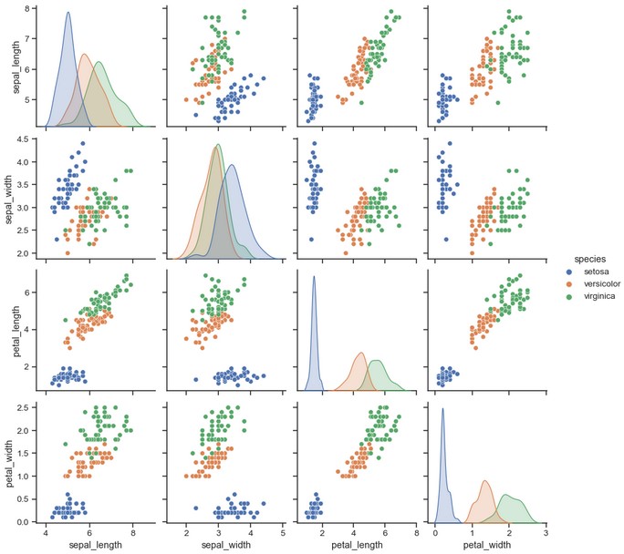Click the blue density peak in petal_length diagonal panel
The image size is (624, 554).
(314, 277)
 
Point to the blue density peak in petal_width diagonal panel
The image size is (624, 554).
(442, 409)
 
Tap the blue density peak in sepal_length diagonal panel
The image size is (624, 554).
(68, 13)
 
